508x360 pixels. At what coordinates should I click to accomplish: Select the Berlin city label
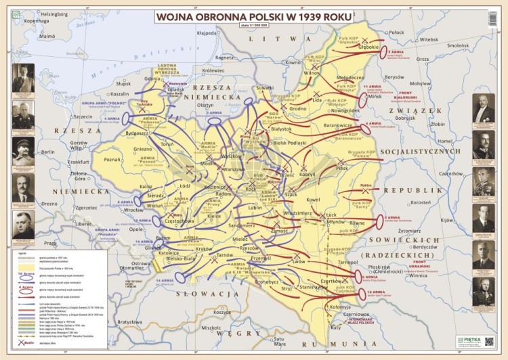(x=48, y=152)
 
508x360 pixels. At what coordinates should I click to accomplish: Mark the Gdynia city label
(x=152, y=78)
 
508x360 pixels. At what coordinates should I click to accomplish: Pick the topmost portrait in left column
(x=22, y=78)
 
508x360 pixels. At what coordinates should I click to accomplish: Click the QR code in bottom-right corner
(x=490, y=342)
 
